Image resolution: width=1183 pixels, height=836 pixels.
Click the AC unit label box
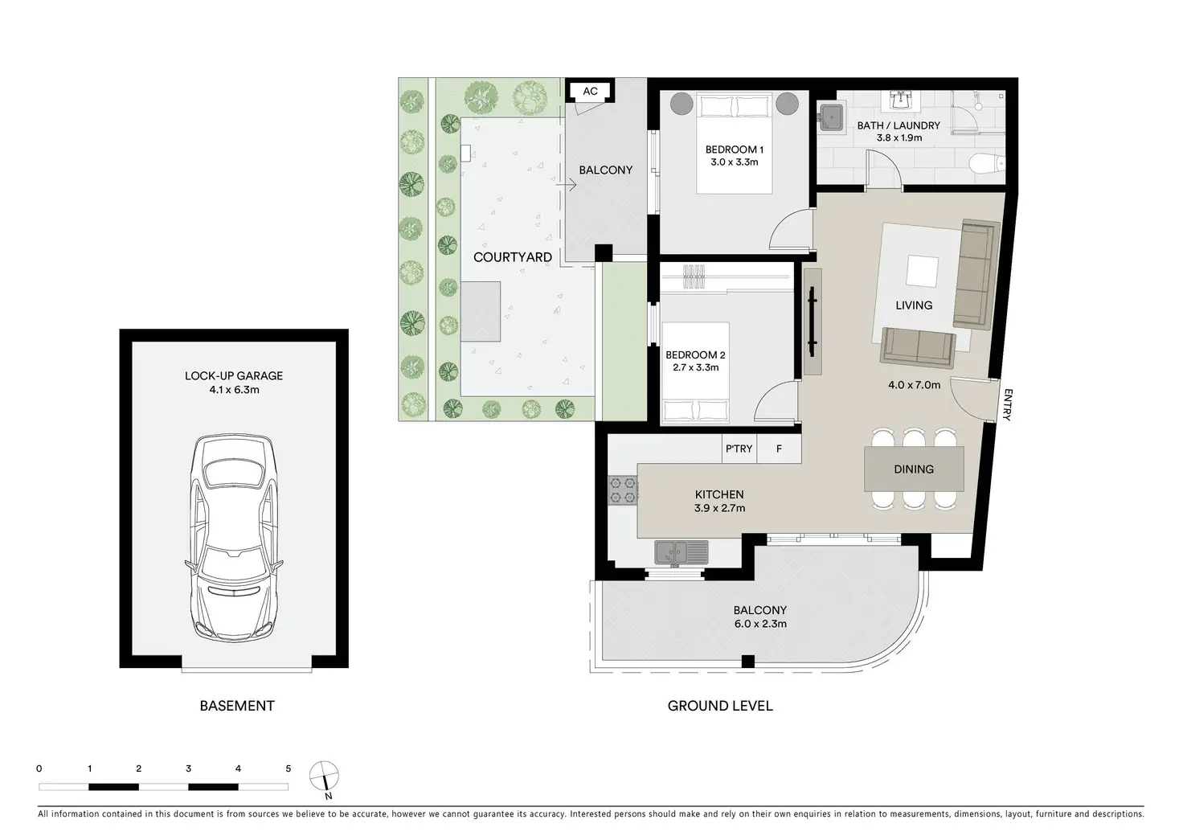click(x=590, y=91)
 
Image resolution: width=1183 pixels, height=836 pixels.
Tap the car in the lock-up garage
click(x=233, y=538)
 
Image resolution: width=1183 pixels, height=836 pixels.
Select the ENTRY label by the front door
click(x=1008, y=404)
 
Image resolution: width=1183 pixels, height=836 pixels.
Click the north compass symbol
click(x=324, y=778)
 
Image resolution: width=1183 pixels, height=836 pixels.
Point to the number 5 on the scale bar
click(x=289, y=768)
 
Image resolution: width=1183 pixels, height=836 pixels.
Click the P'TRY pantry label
click(x=739, y=449)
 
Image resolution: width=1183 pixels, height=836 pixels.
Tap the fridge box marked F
click(x=779, y=449)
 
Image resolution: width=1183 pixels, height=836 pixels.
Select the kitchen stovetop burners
click(x=623, y=490)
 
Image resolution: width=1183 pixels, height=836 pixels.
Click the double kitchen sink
click(x=682, y=552)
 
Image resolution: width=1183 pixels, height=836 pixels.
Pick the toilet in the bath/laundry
click(x=988, y=163)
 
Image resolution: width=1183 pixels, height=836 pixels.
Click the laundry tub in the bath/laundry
click(x=831, y=117)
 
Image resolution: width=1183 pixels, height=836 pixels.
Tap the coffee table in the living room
click(x=923, y=271)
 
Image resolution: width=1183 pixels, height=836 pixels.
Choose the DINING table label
click(x=914, y=469)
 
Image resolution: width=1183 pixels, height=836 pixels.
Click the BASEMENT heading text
click(x=237, y=706)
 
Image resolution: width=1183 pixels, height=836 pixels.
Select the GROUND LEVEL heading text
click(x=720, y=706)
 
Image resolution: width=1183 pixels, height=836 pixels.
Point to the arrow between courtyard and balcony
click(x=566, y=185)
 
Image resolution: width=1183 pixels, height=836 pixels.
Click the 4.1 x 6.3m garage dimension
click(x=234, y=390)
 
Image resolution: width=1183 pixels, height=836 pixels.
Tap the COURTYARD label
click(x=512, y=257)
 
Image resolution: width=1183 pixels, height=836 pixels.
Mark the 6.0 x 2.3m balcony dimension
click(x=760, y=624)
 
